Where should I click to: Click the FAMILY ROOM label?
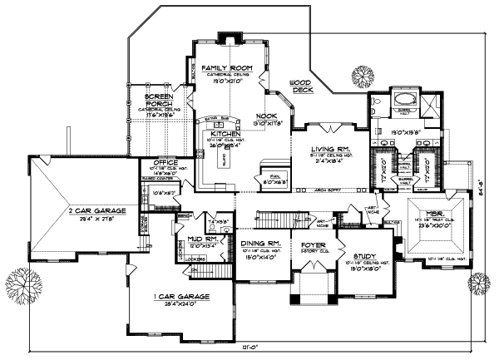pos(220,66)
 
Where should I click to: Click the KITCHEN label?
pos(225,133)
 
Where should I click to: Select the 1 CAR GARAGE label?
pos(180,297)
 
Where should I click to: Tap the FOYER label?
pos(314,245)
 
